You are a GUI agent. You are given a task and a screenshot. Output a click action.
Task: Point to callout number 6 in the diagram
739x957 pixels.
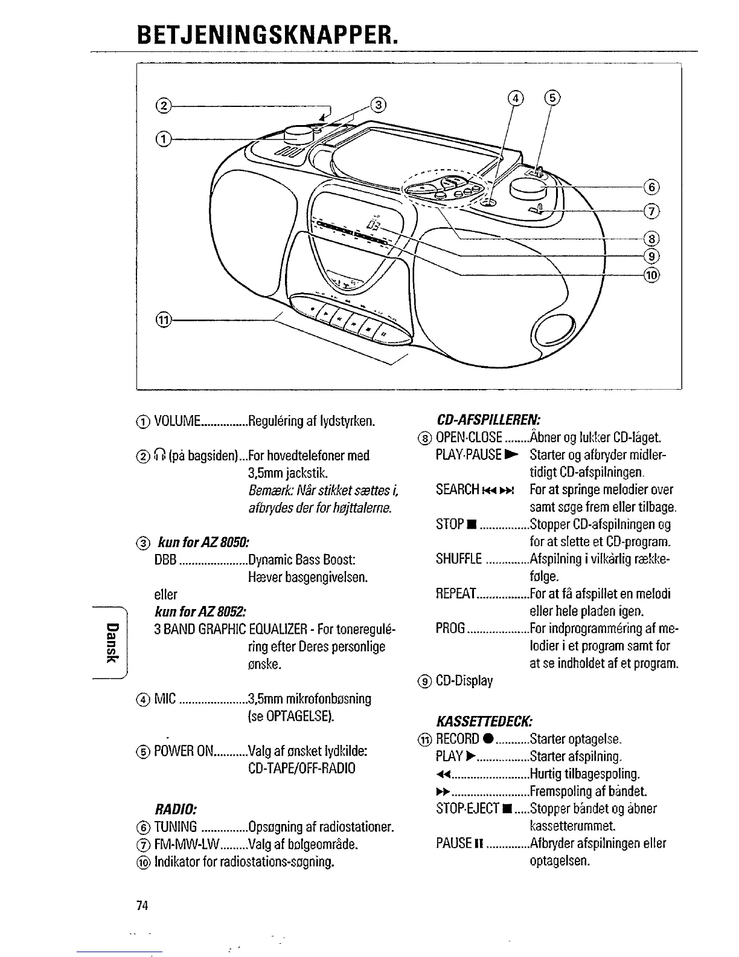tap(651, 187)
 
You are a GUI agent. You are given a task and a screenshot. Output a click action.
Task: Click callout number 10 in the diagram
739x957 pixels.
tap(651, 275)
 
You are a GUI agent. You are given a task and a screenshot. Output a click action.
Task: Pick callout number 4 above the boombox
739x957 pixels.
tap(515, 98)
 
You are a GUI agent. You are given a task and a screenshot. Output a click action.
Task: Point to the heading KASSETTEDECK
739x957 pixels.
tap(483, 721)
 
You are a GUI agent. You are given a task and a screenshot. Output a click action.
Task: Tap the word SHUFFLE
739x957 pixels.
tap(459, 559)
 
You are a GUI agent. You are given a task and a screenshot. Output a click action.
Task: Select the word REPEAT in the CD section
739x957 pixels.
tap(456, 594)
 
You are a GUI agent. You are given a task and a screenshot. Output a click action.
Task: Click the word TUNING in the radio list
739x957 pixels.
tap(176, 826)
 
